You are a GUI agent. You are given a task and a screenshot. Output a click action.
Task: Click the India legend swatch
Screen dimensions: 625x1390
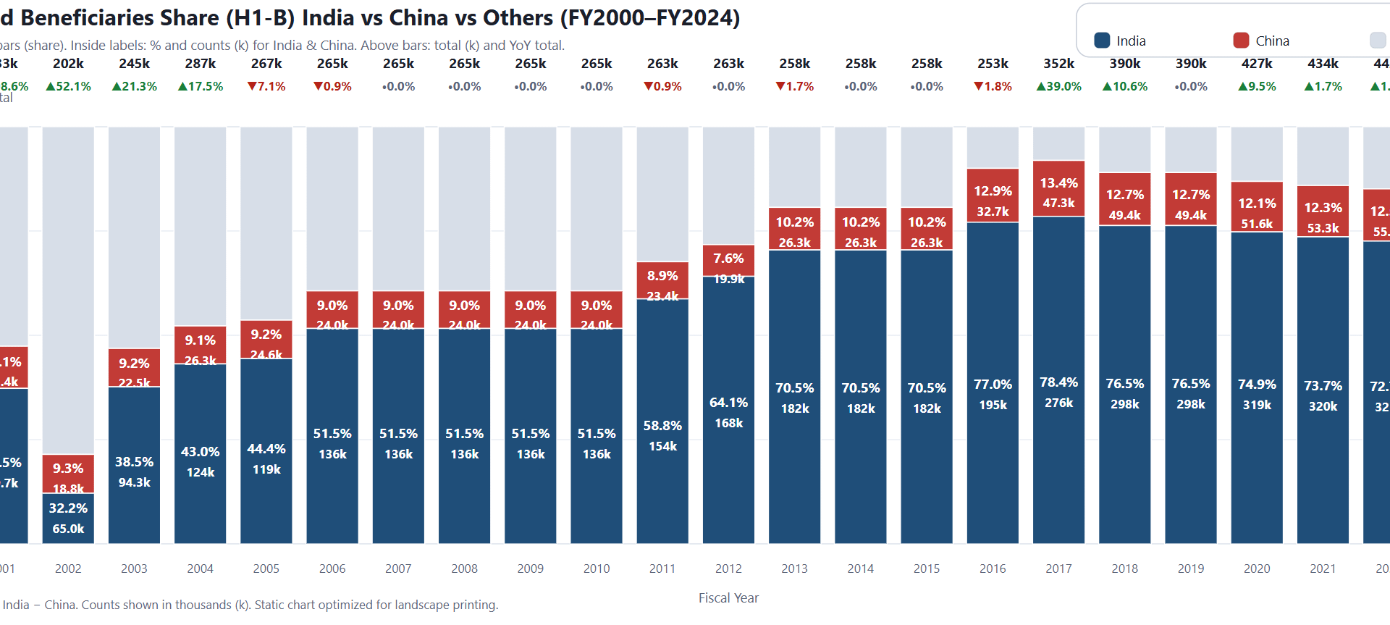[x=1102, y=41]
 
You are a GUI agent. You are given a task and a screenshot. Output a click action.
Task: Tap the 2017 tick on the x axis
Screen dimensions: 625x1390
[x=1058, y=569]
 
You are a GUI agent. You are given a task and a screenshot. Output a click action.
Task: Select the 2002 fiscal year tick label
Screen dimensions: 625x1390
[x=68, y=569]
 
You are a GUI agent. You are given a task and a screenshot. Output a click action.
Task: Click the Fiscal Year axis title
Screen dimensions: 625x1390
[x=728, y=598]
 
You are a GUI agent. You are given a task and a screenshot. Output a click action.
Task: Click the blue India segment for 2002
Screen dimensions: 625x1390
[x=68, y=519]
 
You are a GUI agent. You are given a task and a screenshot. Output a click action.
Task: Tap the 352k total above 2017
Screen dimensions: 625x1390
[x=1058, y=64]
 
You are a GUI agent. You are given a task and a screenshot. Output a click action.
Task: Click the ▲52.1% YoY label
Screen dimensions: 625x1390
[x=68, y=86]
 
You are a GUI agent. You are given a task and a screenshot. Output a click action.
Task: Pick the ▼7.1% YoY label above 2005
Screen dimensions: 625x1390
[x=266, y=86]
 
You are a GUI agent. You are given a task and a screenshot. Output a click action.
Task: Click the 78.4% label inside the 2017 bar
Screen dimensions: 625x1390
[x=1058, y=382]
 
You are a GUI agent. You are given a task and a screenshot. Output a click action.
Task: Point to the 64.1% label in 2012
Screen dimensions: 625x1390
[x=728, y=403]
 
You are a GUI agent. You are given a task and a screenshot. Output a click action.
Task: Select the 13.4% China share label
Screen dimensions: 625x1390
[x=1058, y=183]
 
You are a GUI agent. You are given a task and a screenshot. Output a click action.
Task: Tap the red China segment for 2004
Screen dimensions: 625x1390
[x=201, y=345]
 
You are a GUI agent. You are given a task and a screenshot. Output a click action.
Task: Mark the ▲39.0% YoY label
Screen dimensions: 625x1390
[x=1058, y=86]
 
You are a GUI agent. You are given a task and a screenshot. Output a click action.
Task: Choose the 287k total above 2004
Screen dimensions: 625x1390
[x=201, y=64]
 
